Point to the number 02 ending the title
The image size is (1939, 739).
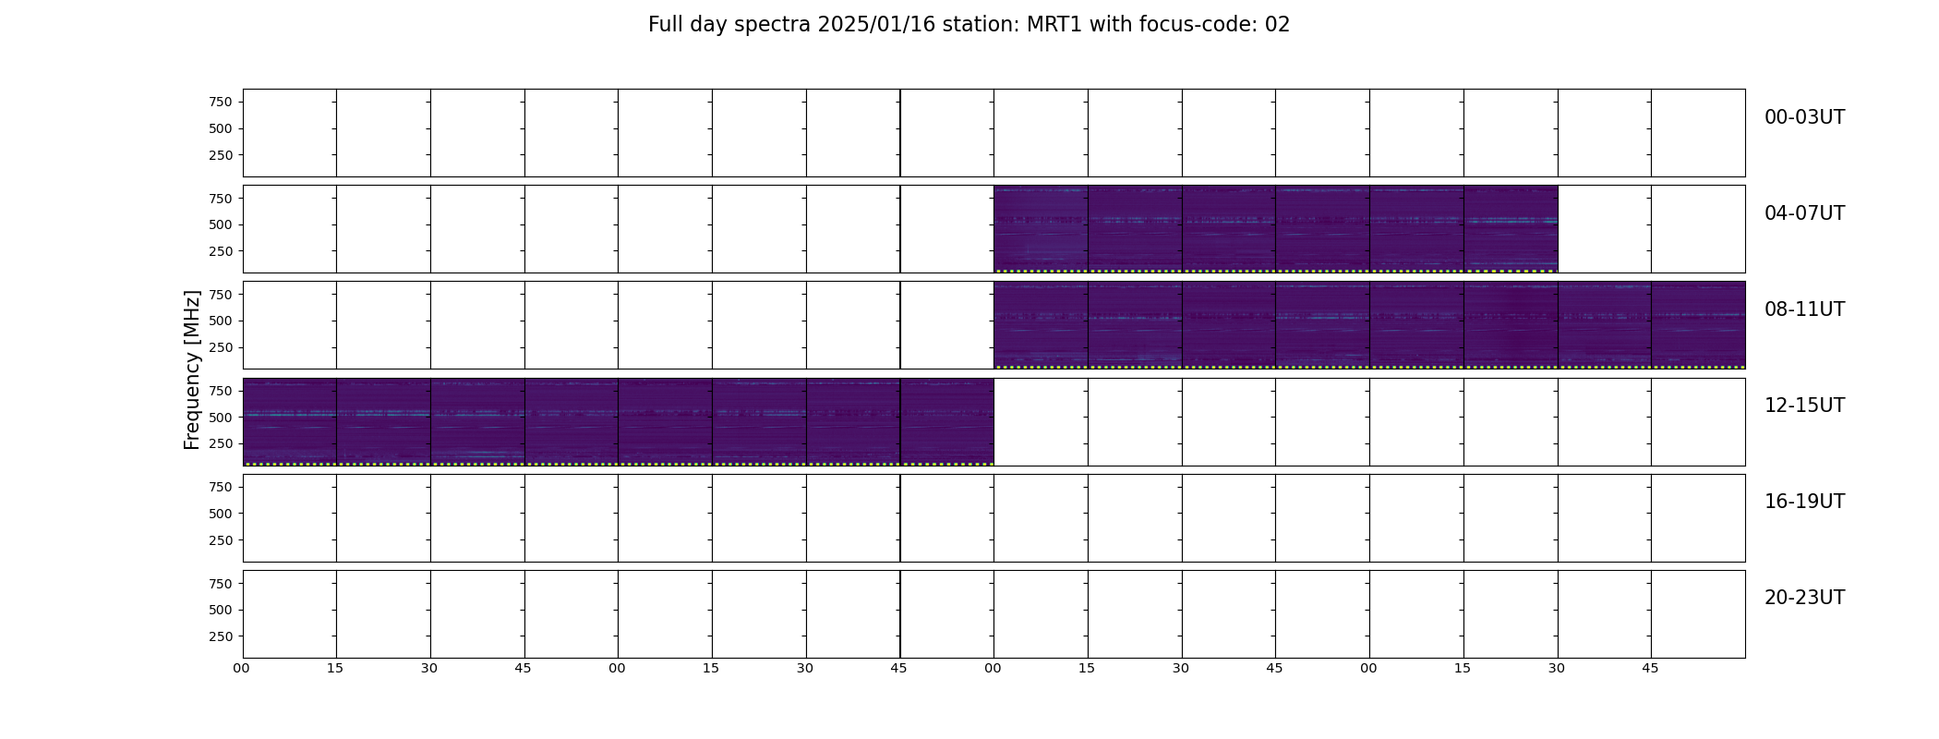tap(1278, 25)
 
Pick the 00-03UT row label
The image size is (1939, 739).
tap(1804, 117)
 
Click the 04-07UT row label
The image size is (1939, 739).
tap(1804, 213)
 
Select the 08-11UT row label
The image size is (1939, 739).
tap(1804, 309)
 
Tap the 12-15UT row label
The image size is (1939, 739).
tap(1804, 406)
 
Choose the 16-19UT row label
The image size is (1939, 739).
tap(1804, 502)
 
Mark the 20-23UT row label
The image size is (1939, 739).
tap(1804, 598)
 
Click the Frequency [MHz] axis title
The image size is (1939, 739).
tap(192, 370)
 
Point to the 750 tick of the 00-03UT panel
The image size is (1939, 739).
tap(221, 102)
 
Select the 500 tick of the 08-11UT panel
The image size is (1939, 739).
tap(221, 321)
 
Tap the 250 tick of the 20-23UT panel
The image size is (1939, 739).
tap(221, 636)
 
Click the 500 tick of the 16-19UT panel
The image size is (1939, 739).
tap(221, 514)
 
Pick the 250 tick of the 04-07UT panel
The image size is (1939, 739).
tap(221, 251)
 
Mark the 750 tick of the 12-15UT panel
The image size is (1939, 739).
tap(221, 391)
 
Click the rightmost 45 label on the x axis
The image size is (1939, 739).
tap(1650, 668)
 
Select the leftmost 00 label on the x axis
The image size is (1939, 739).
tap(242, 668)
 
